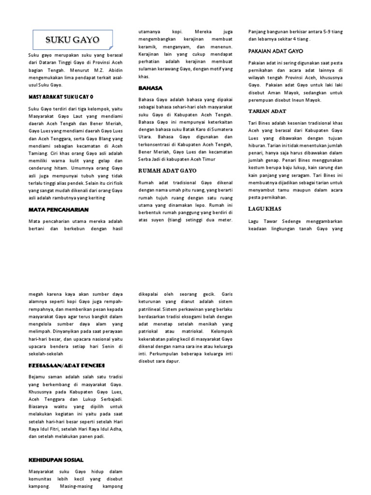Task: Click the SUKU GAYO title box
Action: [72, 40]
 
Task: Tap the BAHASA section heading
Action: [150, 88]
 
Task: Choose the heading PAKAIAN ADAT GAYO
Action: [275, 51]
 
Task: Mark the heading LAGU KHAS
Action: [264, 209]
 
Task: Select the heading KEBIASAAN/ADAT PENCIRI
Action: [67, 364]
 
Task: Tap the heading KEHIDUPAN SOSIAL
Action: [56, 460]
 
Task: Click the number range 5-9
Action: [327, 31]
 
